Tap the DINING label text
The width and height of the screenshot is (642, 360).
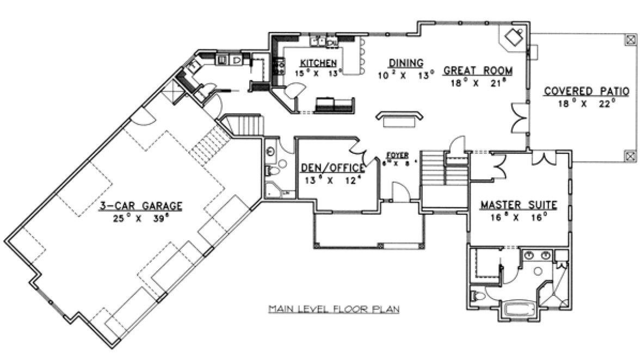tap(406, 63)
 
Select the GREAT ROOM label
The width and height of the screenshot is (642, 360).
tap(478, 71)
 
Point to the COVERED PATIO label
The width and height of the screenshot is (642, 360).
tap(587, 91)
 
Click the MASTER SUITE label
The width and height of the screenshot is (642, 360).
tap(518, 206)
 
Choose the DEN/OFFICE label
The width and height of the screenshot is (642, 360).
tap(332, 169)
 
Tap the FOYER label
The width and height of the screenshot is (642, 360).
tap(398, 154)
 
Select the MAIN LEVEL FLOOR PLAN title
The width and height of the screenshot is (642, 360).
tap(334, 309)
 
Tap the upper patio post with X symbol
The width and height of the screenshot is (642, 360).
tap(630, 39)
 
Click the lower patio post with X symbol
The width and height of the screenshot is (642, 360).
tap(630, 156)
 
